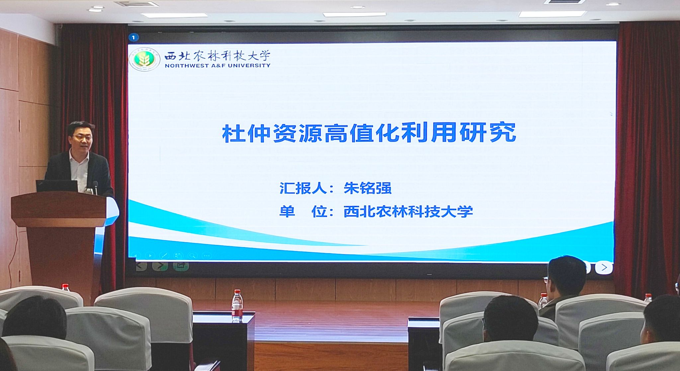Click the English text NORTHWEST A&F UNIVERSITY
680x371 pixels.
coord(217,66)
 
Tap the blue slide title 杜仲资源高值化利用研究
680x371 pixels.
coord(369,133)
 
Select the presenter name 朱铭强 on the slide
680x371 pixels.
coord(368,188)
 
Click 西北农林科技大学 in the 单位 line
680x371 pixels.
coord(408,212)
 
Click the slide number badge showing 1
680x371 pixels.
coord(133,37)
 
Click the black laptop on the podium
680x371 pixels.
coord(57,186)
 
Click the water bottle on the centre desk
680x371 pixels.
coord(237,305)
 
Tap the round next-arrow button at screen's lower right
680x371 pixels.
coord(604,267)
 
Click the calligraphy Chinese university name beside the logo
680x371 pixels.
coord(217,55)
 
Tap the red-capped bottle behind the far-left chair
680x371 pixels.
coord(65,287)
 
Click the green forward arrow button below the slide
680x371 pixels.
coord(160,266)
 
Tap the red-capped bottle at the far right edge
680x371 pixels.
coord(648,298)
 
